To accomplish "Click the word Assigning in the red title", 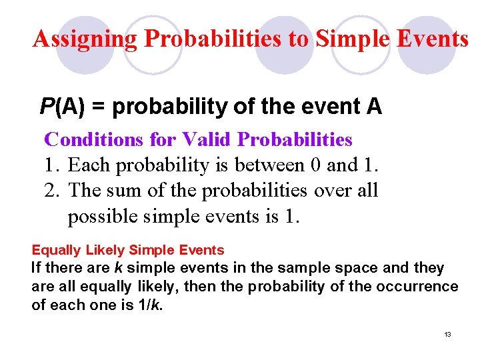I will [x=85, y=39].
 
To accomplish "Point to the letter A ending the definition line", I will [x=374, y=106].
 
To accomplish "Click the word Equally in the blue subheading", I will [x=55, y=251].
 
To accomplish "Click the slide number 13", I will [x=447, y=334].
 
